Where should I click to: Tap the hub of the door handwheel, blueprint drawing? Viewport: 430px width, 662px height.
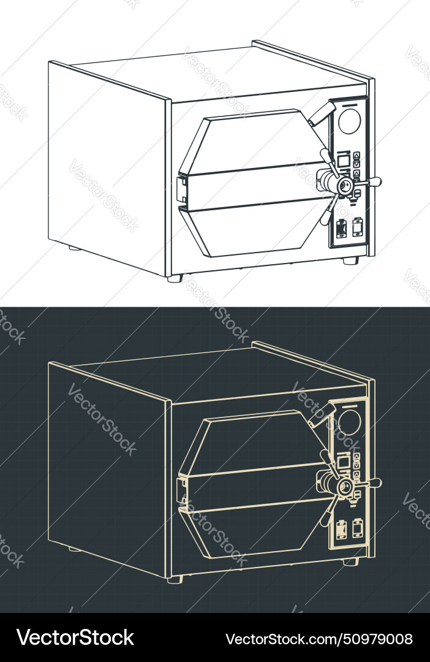[344, 485]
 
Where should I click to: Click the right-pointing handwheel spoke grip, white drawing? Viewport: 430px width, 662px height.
[372, 182]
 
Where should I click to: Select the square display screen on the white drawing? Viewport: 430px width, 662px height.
[344, 161]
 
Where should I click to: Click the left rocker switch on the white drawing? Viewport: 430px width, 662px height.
[342, 228]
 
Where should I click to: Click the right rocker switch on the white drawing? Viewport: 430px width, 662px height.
[357, 226]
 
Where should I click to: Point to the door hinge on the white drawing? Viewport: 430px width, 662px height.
[181, 189]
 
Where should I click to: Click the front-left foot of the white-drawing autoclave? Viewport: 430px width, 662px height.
[175, 278]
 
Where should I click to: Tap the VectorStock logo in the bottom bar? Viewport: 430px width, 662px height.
[75, 638]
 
